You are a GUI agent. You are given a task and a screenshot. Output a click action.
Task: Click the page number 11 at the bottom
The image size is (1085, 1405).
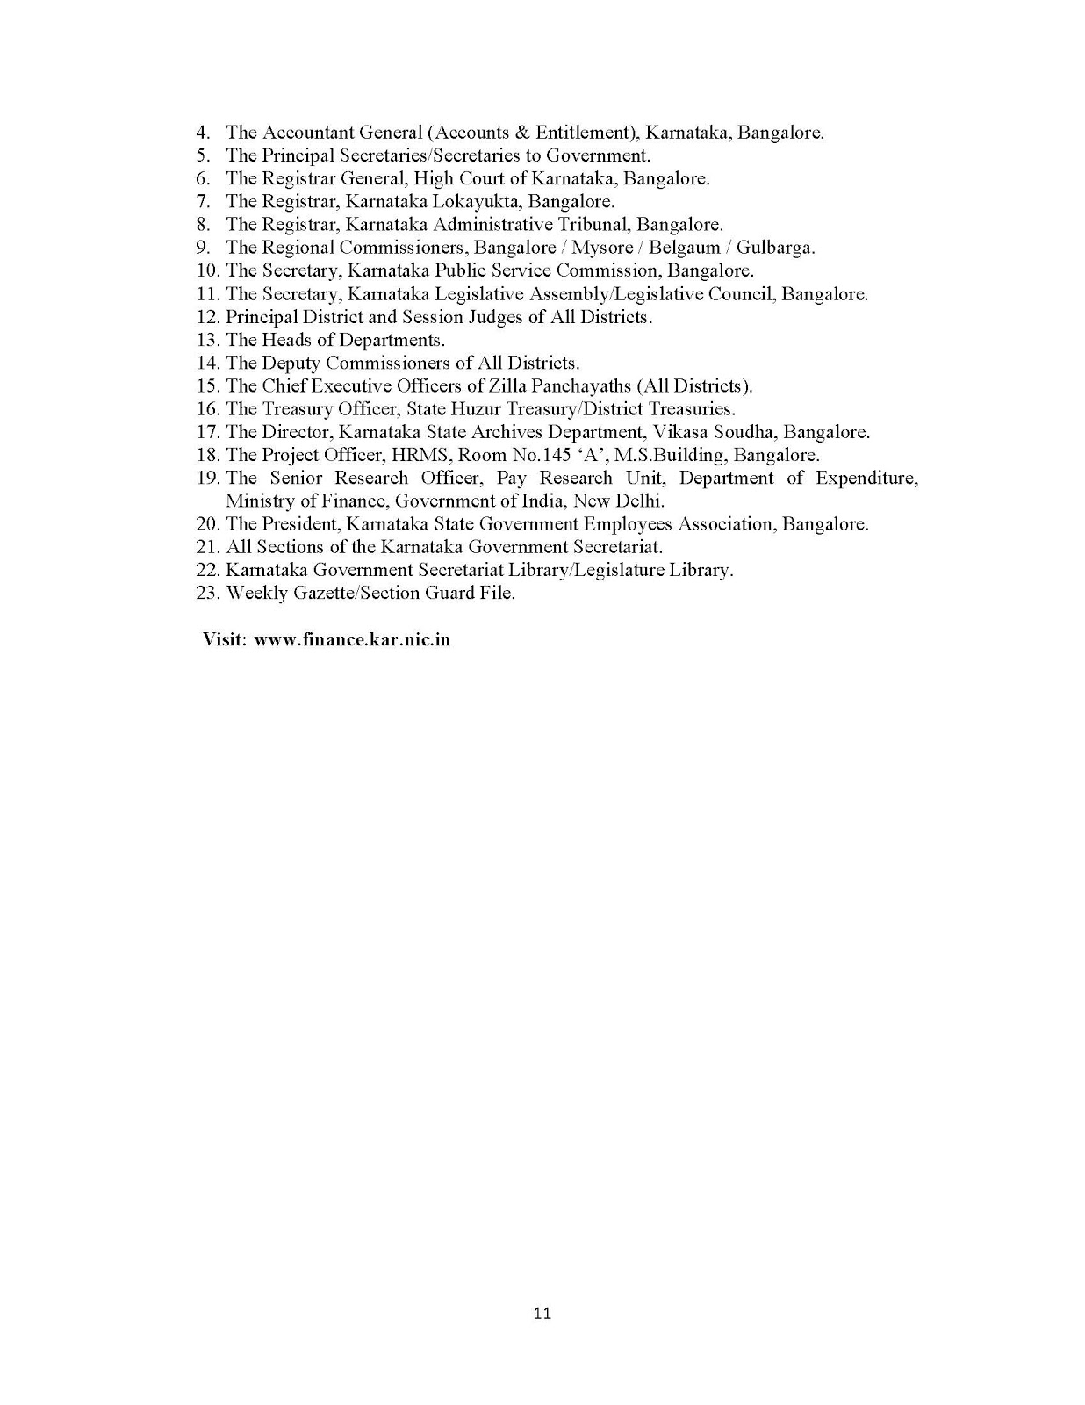(x=542, y=1314)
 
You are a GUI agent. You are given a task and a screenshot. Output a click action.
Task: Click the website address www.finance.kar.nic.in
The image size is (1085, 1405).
(x=352, y=639)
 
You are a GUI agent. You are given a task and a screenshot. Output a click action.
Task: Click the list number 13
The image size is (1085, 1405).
(x=207, y=340)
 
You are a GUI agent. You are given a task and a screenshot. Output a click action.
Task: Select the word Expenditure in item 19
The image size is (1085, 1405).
(x=867, y=478)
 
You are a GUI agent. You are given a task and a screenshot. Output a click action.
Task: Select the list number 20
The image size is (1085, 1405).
(x=207, y=524)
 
